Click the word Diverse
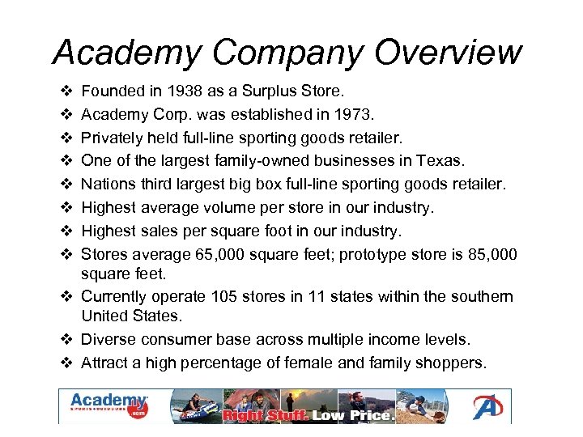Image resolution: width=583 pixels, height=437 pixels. click(x=109, y=339)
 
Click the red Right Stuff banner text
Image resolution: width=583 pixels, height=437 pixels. click(x=266, y=416)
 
